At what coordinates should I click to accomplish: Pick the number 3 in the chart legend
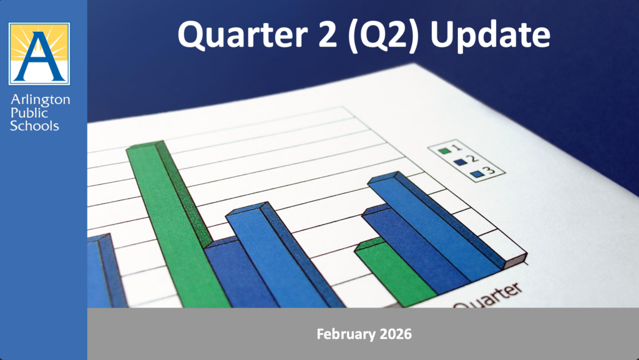point(490,170)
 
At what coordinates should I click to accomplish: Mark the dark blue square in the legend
point(461,162)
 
